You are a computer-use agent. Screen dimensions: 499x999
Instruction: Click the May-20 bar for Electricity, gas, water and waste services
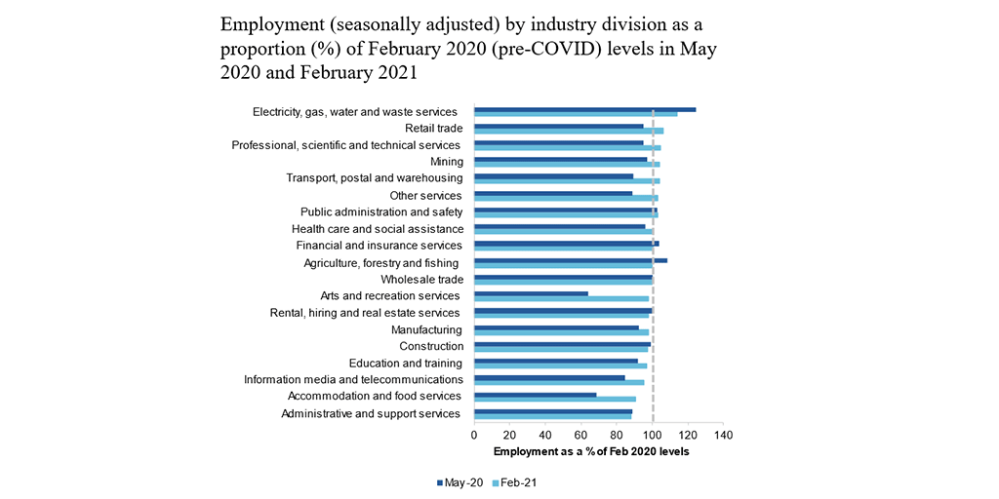[x=584, y=109]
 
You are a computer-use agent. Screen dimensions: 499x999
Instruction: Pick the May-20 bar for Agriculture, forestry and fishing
[x=570, y=260]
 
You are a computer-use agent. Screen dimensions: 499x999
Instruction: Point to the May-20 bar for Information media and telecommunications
[x=549, y=377]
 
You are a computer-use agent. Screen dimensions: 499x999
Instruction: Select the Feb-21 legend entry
[x=518, y=482]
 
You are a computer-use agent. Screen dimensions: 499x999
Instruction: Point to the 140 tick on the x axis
[x=722, y=435]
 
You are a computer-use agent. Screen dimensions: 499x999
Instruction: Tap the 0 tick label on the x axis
[x=474, y=435]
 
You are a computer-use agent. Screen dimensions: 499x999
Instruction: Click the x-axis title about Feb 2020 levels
[x=591, y=451]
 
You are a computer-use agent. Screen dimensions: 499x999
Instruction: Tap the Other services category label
[x=425, y=196]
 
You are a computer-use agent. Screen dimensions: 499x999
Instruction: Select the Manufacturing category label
[x=426, y=329]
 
